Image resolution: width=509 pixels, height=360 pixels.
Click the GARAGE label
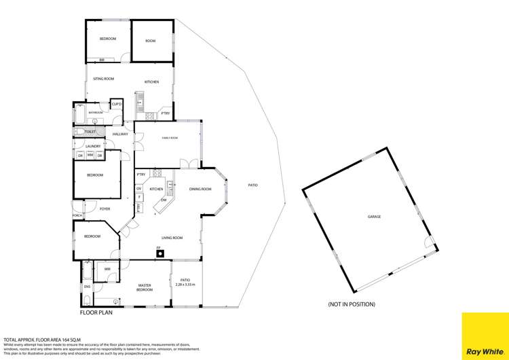pos(374,217)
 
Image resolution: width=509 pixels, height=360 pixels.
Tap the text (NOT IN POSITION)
pos(352,304)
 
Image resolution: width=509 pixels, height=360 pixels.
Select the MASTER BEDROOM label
pos(144,287)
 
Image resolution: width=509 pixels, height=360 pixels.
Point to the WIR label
pos(107,270)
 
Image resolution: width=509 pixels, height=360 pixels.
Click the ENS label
pos(87,287)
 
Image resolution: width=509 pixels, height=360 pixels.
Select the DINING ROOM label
pos(200,189)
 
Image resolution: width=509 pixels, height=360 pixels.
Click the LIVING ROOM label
pos(172,238)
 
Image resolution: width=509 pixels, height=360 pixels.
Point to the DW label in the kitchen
pos(164,200)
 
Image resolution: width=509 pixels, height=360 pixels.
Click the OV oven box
pos(139,188)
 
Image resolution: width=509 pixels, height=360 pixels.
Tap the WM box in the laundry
pos(90,156)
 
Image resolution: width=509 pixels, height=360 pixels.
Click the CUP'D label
pos(117,104)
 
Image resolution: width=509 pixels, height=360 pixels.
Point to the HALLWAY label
pos(121,134)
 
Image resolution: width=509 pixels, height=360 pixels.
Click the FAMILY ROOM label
pos(169,138)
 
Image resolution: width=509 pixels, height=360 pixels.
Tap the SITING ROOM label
pos(103,79)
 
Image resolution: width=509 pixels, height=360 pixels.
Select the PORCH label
pos(78,215)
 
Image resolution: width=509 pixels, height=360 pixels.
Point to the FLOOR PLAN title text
pos(96,314)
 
